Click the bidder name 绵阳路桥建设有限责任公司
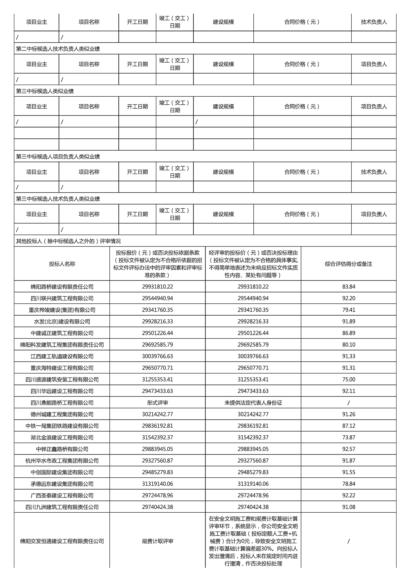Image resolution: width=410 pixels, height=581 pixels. coord(62,287)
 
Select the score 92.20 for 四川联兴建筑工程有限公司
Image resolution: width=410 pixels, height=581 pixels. coord(349,298)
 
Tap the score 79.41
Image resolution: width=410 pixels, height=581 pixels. coord(349,310)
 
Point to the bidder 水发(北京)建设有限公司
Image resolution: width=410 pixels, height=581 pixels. coord(62,322)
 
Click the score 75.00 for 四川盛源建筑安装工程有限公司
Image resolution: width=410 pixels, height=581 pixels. coord(349,379)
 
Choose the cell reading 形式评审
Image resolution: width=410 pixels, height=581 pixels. coord(158,403)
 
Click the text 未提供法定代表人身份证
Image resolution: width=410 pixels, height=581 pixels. coord(253,403)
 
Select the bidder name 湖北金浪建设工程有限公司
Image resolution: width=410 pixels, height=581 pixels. coord(62,438)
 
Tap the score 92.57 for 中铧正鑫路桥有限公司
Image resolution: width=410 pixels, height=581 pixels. coord(349,449)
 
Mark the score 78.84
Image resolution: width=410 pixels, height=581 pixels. coord(349,484)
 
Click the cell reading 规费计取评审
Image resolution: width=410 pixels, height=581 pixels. coord(158,541)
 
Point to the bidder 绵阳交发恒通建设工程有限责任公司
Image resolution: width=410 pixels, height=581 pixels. coord(62,541)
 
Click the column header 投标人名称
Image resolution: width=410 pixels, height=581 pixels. coord(62,264)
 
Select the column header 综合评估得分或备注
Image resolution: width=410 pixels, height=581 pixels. coord(349,264)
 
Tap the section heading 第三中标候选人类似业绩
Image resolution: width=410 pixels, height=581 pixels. coord(45,91)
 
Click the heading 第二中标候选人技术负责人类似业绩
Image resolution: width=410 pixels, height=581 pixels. coord(58,49)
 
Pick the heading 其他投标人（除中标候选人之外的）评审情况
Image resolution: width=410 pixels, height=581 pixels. coord(68,241)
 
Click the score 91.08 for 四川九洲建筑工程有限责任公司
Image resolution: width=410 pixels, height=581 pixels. coord(349,507)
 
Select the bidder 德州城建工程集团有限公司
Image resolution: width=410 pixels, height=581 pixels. coord(62,414)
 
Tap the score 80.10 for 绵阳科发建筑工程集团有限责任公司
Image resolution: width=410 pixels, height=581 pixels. coord(349,345)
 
